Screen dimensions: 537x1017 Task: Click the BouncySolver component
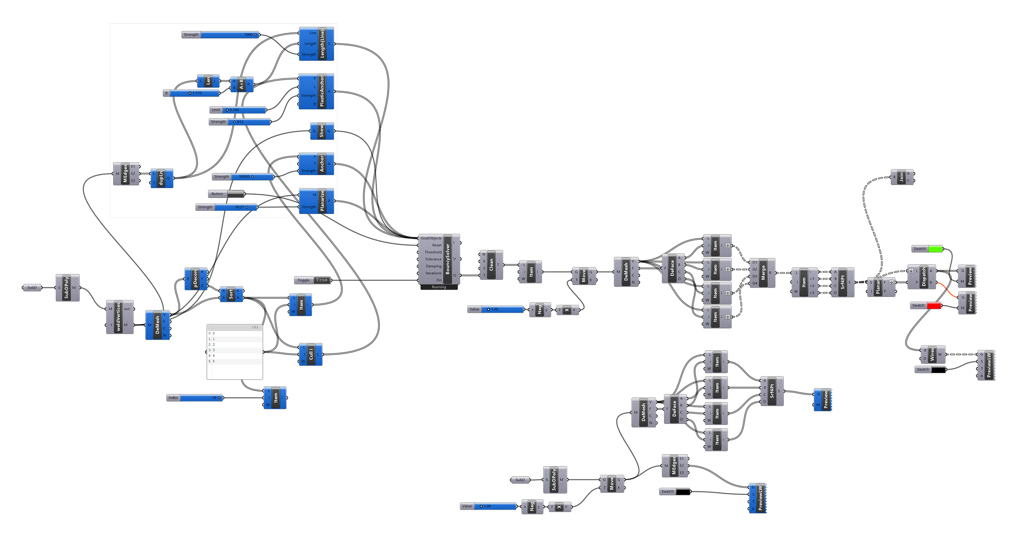(x=447, y=259)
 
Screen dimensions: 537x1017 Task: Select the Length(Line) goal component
(x=322, y=44)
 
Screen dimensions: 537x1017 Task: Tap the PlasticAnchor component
(x=322, y=91)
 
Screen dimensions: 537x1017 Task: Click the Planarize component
(x=322, y=201)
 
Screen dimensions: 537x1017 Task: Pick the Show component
(x=321, y=131)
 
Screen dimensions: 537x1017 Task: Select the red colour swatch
(x=934, y=306)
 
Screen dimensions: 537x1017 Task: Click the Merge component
(x=763, y=273)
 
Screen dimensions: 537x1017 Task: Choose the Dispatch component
(x=924, y=276)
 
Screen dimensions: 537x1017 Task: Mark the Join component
(x=901, y=177)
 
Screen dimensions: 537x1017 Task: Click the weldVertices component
(x=118, y=317)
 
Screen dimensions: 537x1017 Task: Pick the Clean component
(x=491, y=265)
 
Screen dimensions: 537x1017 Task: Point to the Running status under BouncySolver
(x=439, y=287)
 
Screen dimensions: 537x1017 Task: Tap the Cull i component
(x=311, y=354)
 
